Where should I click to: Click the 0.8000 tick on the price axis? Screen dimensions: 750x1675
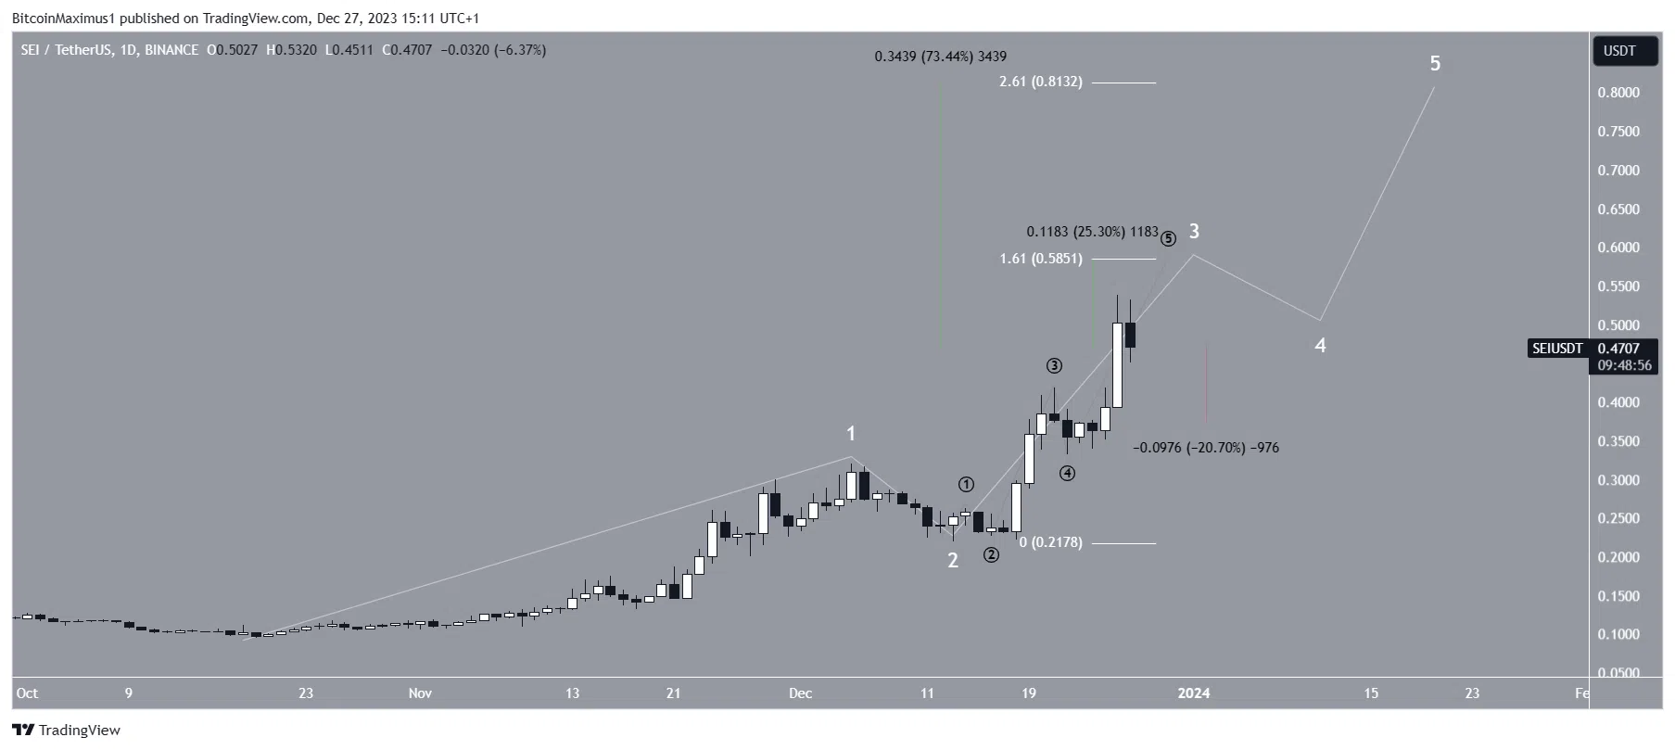point(1618,93)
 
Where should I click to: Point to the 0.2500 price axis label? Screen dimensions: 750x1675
point(1618,519)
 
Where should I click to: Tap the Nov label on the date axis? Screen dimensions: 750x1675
point(420,693)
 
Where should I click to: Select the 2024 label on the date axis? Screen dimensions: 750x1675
point(1193,693)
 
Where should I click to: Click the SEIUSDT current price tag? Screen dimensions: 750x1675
point(1557,349)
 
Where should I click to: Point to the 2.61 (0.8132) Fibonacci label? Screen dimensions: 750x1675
point(1040,83)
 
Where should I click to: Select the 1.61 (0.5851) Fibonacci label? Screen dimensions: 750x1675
point(1040,259)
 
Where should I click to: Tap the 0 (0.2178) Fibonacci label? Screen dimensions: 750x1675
point(1050,542)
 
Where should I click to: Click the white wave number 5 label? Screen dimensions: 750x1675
point(1435,64)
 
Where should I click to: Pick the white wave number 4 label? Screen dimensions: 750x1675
point(1320,346)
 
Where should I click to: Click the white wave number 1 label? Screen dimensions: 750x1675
point(851,434)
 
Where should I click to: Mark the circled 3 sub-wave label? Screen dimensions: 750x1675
point(1054,366)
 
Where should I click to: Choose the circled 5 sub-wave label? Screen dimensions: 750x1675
point(1168,239)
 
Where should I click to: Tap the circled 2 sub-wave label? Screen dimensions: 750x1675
point(991,555)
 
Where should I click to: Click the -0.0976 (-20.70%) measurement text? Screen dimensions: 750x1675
point(1205,448)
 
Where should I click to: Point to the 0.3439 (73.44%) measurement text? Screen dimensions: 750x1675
point(940,57)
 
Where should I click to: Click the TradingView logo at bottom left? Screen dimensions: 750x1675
point(66,731)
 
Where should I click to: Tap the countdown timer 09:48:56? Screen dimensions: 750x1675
point(1624,365)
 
